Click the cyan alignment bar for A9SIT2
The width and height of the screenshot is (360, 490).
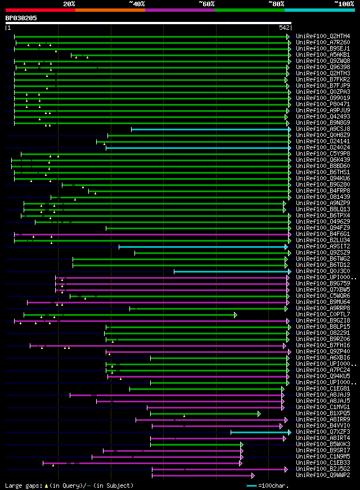click(x=202, y=247)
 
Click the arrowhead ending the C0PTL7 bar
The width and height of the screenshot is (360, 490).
click(x=236, y=315)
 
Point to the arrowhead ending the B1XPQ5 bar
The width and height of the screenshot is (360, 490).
click(x=259, y=414)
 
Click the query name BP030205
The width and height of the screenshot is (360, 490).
click(x=21, y=18)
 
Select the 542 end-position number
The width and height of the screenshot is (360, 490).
click(x=283, y=28)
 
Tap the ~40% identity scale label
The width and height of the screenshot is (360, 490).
click(x=137, y=3)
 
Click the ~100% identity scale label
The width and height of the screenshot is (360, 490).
click(x=344, y=3)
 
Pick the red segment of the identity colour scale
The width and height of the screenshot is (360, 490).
click(x=40, y=10)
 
